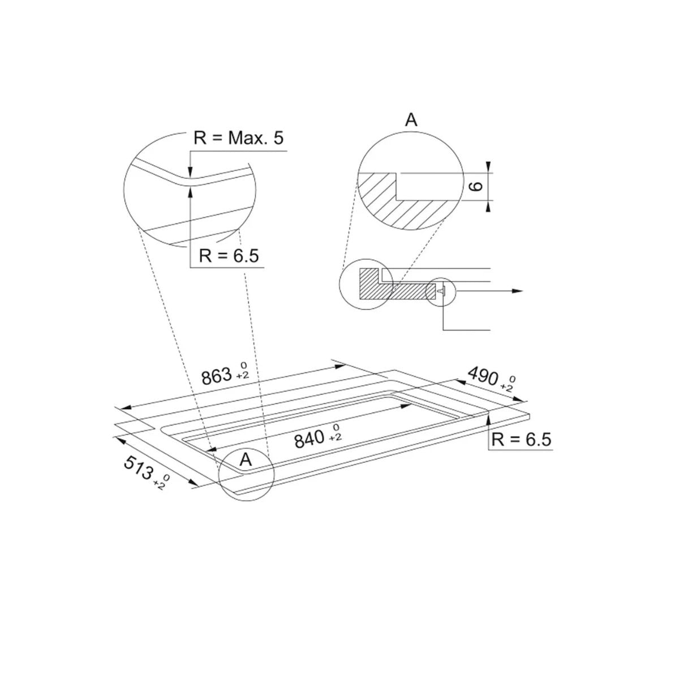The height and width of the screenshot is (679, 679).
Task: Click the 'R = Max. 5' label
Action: pyautogui.click(x=238, y=139)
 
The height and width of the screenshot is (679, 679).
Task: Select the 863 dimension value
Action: pyautogui.click(x=217, y=375)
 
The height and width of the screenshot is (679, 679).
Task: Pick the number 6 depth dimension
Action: pyautogui.click(x=476, y=186)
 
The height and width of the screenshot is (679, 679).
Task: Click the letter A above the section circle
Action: pyautogui.click(x=411, y=120)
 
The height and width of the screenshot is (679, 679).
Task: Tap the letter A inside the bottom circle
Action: pyautogui.click(x=246, y=459)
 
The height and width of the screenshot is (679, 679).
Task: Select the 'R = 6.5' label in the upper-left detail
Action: pyautogui.click(x=229, y=256)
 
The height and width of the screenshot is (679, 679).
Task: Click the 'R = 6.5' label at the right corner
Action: pyautogui.click(x=521, y=440)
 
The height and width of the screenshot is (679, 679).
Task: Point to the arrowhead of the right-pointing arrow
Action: pyautogui.click(x=516, y=291)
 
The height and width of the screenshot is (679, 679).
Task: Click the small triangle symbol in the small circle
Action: pyautogui.click(x=442, y=290)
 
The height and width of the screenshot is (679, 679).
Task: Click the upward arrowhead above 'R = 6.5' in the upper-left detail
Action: pyautogui.click(x=190, y=192)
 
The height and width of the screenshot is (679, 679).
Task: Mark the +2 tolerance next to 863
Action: pyautogui.click(x=243, y=376)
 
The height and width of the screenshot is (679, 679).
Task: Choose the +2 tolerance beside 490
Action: pyautogui.click(x=508, y=388)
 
